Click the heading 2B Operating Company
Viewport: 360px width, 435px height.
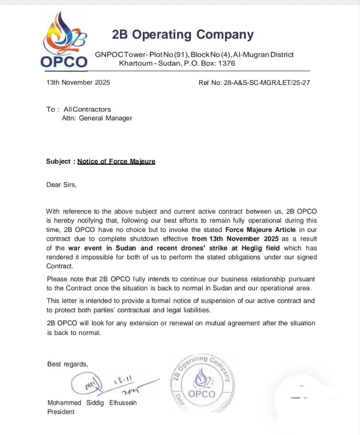(183, 35)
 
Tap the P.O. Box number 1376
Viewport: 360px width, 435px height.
(227, 63)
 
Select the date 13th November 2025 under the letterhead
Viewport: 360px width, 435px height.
(78, 83)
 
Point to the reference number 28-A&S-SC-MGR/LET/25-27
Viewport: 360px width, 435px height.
(266, 83)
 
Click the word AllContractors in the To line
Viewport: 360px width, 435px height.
(87, 109)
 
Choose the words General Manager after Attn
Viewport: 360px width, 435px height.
(106, 118)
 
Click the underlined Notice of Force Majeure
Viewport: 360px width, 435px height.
(116, 162)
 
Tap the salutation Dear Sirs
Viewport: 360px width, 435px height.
(61, 185)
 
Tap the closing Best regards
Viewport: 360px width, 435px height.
(67, 364)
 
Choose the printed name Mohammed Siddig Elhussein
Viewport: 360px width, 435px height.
(92, 403)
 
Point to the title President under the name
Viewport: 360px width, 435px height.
(61, 412)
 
